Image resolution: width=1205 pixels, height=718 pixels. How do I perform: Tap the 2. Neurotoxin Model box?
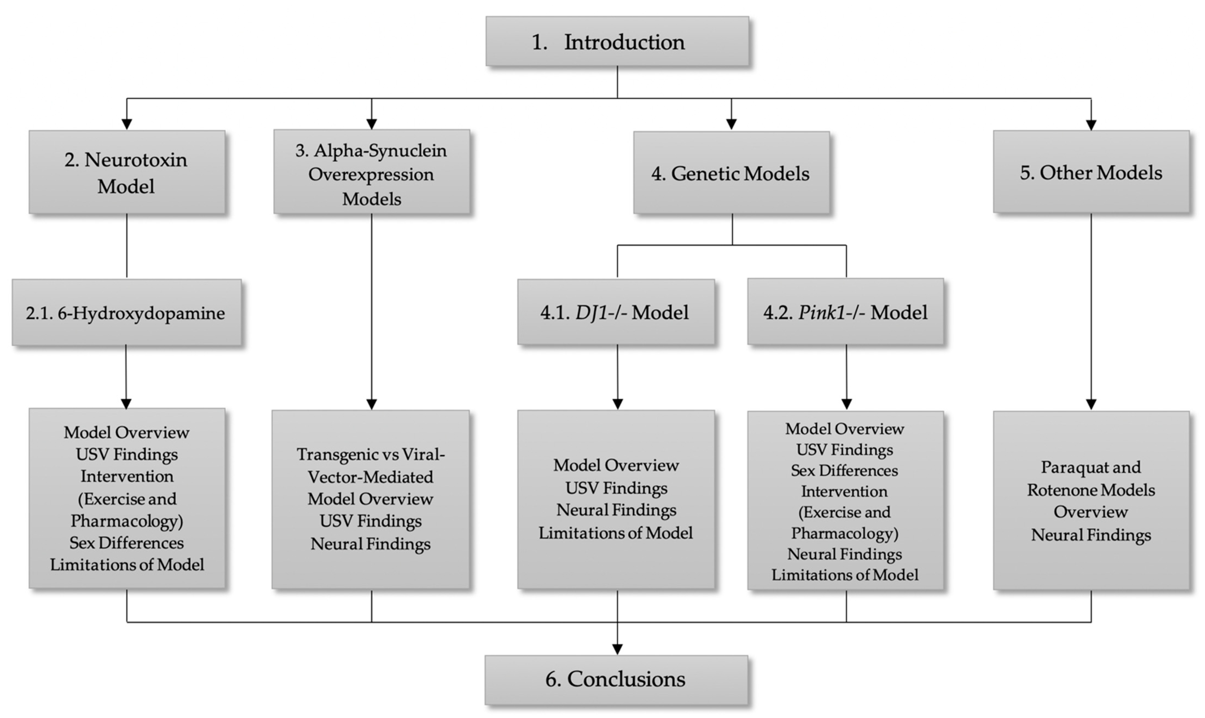tap(127, 172)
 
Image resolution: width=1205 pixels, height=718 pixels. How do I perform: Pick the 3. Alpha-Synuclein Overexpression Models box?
tap(371, 172)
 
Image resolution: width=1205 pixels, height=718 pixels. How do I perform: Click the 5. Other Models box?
tap(1091, 172)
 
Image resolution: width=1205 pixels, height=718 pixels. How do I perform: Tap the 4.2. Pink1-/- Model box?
tap(845, 312)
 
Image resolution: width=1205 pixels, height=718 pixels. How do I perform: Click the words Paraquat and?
tap(1091, 467)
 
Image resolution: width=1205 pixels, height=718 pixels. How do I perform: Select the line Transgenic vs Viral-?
tap(371, 454)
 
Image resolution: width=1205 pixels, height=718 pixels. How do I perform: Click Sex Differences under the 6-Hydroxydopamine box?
tap(127, 543)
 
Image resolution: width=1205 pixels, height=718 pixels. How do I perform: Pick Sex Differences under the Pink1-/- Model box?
tap(845, 470)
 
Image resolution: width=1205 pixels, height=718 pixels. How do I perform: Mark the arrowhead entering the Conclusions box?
tap(618, 649)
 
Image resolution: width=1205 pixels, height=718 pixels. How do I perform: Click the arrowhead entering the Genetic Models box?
tap(732, 124)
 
